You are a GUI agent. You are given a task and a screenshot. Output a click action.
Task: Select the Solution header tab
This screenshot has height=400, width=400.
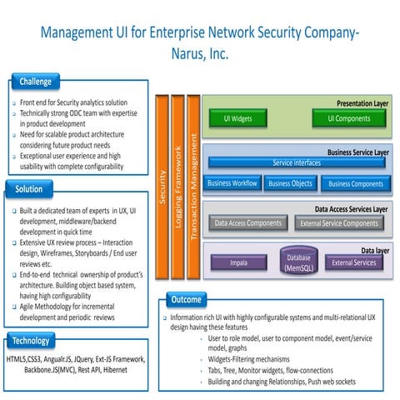pyautogui.click(x=30, y=189)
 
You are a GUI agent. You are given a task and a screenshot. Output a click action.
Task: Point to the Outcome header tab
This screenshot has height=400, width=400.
pyautogui.click(x=185, y=298)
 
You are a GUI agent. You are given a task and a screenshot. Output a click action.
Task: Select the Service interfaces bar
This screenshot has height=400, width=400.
pyautogui.click(x=296, y=162)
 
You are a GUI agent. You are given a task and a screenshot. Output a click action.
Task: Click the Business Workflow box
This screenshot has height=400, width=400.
pyautogui.click(x=232, y=183)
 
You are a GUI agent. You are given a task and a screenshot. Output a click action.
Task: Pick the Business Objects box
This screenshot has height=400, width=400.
pyautogui.click(x=290, y=183)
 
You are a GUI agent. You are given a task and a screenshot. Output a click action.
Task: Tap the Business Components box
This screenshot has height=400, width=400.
pyautogui.click(x=355, y=183)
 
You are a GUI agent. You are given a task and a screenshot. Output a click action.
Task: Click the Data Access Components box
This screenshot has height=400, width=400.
pyautogui.click(x=248, y=223)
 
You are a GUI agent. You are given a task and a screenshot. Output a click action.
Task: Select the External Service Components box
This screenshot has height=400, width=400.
pyautogui.click(x=338, y=223)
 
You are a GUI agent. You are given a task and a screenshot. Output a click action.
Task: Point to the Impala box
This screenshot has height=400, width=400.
pyautogui.click(x=238, y=262)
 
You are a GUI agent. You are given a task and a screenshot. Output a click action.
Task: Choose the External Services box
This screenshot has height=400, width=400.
pyautogui.click(x=353, y=262)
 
